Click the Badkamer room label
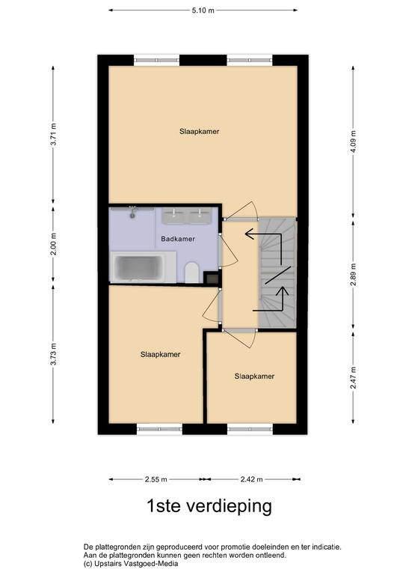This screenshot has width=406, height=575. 178,240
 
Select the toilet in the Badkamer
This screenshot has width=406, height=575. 191,273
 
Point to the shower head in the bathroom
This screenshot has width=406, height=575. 132,213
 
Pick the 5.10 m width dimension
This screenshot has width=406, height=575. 203,10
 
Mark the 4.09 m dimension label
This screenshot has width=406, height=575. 353,140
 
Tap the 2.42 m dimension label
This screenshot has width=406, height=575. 253,479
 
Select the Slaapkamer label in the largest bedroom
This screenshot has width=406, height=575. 199,131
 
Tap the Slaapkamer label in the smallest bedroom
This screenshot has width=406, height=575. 253,376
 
